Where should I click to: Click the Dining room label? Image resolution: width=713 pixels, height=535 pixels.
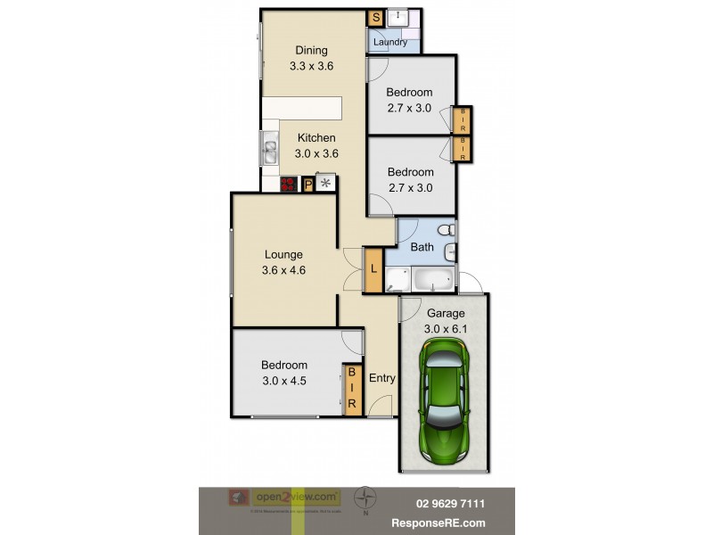pos(311,58)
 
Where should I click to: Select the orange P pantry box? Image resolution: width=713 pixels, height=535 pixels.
pos(308,185)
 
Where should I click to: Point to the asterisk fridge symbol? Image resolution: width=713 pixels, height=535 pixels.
pos(326,184)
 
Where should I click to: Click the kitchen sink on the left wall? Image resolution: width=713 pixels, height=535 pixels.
pos(269,149)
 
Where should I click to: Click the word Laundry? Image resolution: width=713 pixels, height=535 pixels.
pos(390,42)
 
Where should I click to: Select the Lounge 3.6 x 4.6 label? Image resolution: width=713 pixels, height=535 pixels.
pos(283,262)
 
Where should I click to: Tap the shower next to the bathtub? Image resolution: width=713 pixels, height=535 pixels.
pos(397,279)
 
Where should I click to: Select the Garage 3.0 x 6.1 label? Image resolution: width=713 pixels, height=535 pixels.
pos(445,321)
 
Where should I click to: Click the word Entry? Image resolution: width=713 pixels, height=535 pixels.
pos(381,378)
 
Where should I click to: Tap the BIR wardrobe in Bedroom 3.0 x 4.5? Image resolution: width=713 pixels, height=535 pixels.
pos(351,389)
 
